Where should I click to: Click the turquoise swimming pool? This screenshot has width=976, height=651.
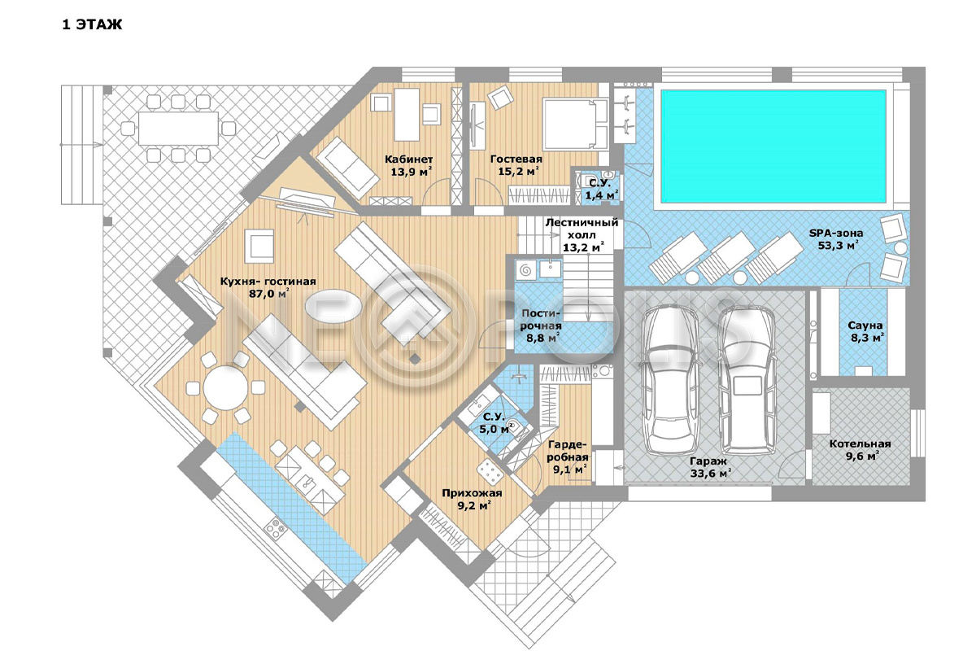[773, 146]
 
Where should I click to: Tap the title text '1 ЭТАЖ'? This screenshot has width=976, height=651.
[92, 24]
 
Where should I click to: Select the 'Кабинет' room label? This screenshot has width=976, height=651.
[408, 159]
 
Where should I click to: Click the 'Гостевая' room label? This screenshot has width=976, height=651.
[516, 159]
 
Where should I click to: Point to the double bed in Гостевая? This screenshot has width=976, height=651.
[575, 124]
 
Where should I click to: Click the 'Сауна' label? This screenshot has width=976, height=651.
[865, 325]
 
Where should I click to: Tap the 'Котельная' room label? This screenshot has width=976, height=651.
[860, 443]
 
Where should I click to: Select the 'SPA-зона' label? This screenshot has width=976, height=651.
[836, 233]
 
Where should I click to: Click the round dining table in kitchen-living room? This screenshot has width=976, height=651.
[226, 388]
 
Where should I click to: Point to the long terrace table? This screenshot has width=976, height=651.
[178, 129]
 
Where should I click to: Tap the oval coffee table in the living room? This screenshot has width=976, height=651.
[333, 306]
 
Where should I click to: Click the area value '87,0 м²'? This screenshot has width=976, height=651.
[268, 294]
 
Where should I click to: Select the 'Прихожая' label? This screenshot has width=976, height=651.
[472, 493]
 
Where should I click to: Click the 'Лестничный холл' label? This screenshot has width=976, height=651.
[582, 229]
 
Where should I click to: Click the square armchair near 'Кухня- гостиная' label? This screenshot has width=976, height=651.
[259, 247]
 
